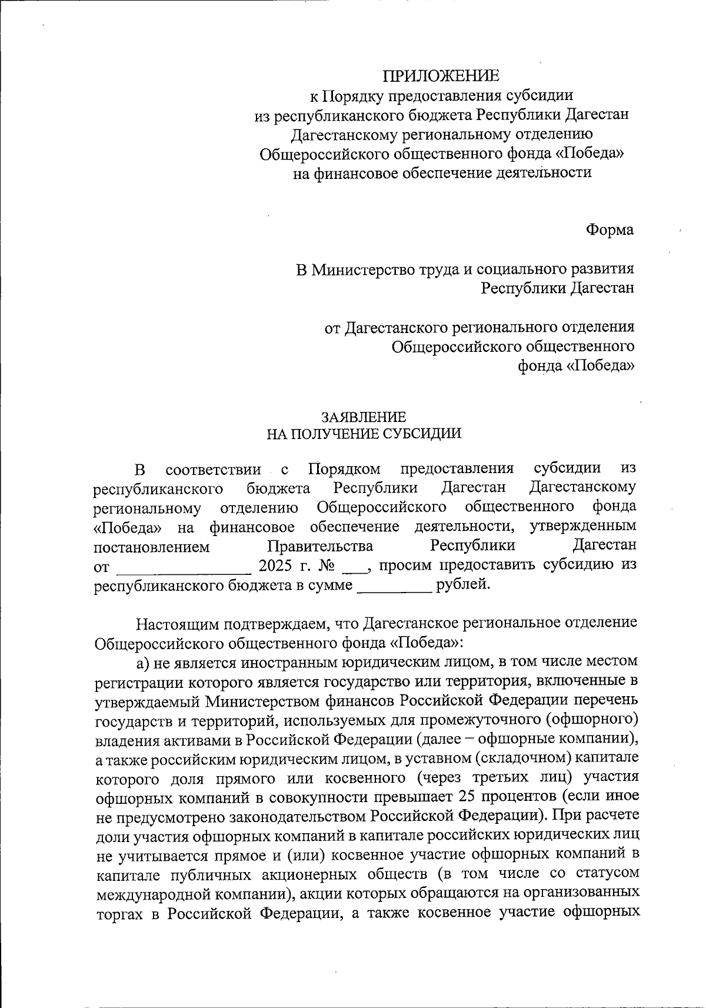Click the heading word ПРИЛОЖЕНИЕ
[441, 76]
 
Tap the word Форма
[610, 230]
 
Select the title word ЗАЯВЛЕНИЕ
[363, 417]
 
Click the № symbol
[326, 566]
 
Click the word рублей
[462, 585]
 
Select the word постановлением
[152, 547]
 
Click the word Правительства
[320, 546]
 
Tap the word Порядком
[344, 469]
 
